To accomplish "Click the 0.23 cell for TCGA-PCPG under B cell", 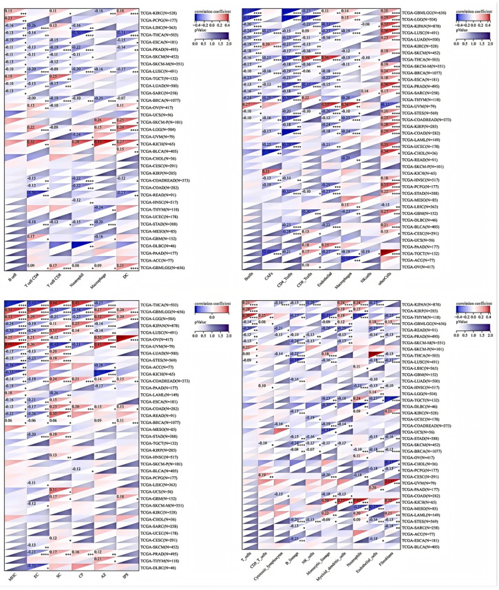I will point(10,19).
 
